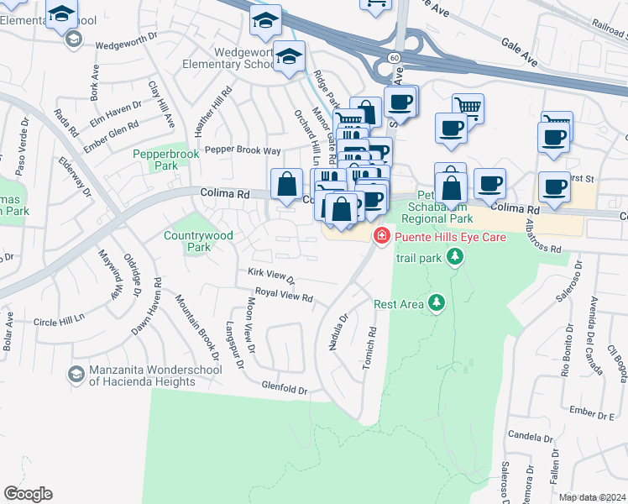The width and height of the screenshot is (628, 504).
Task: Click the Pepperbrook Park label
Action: click(x=155, y=160)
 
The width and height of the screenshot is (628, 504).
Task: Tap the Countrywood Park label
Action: click(x=186, y=242)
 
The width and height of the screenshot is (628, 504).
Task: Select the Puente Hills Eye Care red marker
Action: click(x=382, y=237)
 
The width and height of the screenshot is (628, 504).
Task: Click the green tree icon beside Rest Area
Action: click(x=436, y=302)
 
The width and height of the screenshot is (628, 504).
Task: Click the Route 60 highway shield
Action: click(x=394, y=55)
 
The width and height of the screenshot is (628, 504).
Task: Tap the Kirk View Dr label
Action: click(x=271, y=275)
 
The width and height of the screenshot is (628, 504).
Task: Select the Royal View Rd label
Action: click(x=284, y=297)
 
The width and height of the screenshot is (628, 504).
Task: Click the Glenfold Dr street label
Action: click(x=285, y=390)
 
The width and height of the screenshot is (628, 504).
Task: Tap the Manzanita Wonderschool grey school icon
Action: click(x=76, y=373)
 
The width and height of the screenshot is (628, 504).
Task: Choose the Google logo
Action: click(x=28, y=494)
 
